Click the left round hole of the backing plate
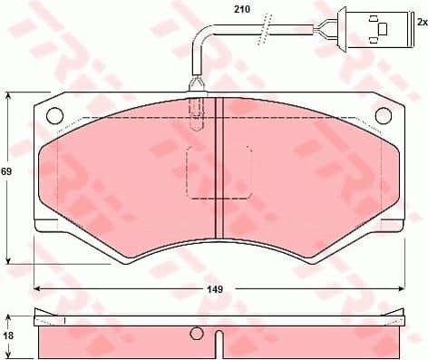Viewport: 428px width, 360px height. coord(54,116)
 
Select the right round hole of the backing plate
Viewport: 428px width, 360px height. coord(383,115)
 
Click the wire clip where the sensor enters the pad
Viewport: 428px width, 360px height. coord(196,90)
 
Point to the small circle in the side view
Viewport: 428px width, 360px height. coord(195,333)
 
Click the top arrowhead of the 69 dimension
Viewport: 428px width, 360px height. coord(10,95)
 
